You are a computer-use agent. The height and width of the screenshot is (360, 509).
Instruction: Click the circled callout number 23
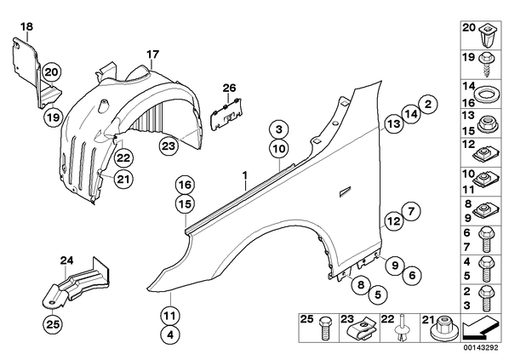click(x=169, y=146)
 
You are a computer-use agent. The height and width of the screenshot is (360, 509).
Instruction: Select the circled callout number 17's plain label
click(x=152, y=54)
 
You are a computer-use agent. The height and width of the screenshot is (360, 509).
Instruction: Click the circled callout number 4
click(x=170, y=334)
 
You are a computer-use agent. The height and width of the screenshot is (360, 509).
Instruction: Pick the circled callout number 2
click(x=428, y=104)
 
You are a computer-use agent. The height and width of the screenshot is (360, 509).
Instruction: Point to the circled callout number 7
click(x=411, y=211)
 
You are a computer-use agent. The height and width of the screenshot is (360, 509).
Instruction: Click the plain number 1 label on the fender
click(x=245, y=175)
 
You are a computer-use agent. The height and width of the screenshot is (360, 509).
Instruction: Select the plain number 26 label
click(x=229, y=88)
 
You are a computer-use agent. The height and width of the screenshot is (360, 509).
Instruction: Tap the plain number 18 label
click(x=26, y=26)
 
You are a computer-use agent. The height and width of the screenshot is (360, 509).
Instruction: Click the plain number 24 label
click(x=66, y=260)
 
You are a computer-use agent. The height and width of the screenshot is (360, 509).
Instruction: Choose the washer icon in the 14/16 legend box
click(x=483, y=95)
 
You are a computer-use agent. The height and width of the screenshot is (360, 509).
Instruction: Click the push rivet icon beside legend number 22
click(x=402, y=328)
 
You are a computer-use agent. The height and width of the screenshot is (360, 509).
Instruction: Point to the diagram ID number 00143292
click(x=480, y=348)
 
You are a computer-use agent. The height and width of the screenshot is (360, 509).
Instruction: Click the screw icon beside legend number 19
click(x=485, y=64)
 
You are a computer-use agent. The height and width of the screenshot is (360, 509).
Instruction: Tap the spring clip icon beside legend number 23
click(x=362, y=329)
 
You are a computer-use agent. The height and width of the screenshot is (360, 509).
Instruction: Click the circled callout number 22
click(x=123, y=158)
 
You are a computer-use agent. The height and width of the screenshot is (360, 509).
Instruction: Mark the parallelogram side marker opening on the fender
click(x=345, y=191)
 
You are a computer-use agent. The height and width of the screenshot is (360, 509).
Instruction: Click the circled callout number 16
click(x=185, y=185)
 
